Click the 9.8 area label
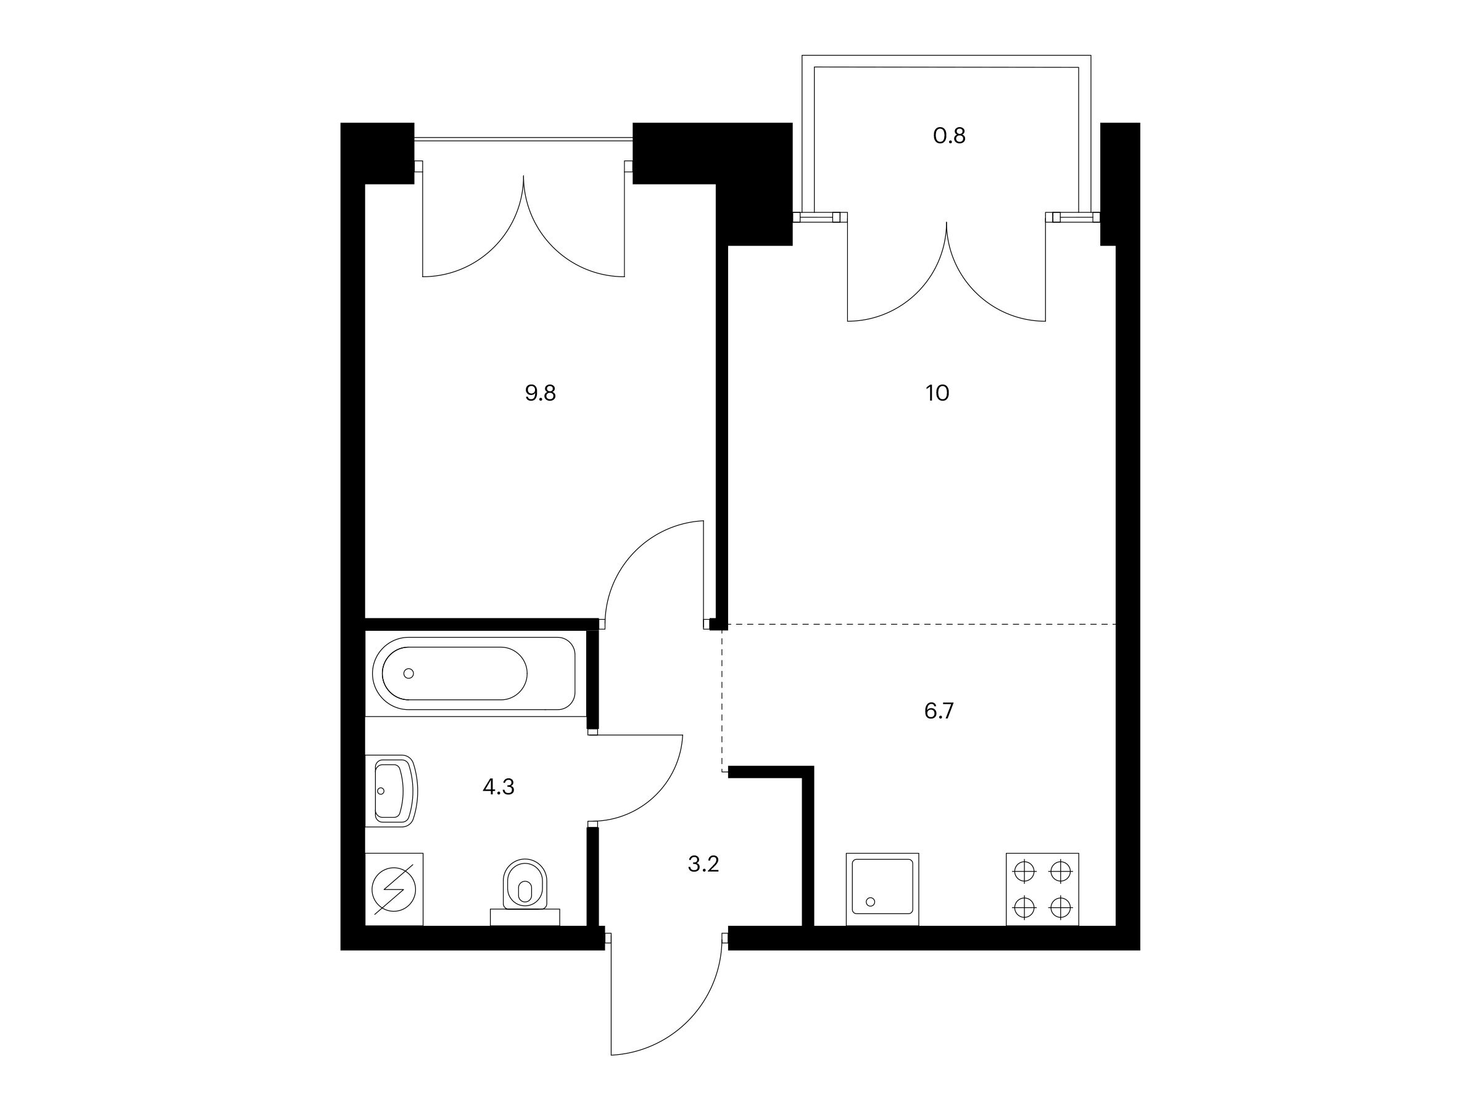[x=541, y=393]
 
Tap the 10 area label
[x=937, y=393]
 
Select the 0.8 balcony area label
[x=950, y=136]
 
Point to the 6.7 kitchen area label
[x=939, y=710]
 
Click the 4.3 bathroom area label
[x=499, y=787]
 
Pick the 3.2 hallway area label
[x=703, y=865]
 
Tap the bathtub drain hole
[x=409, y=673]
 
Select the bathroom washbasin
[x=392, y=791]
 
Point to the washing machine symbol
[x=394, y=889]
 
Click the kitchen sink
[x=882, y=889]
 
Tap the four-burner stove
[x=1042, y=889]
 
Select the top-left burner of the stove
[x=1024, y=872]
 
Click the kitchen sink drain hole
[x=870, y=902]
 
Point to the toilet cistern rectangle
[x=525, y=917]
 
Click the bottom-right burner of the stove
[x=1061, y=907]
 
